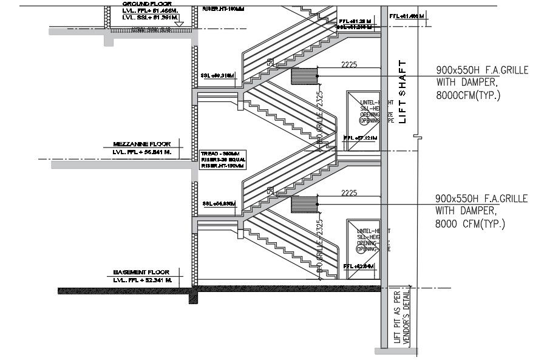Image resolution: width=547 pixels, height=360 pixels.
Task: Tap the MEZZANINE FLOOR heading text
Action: tap(141, 144)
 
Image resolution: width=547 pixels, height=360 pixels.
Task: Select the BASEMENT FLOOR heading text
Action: tap(141, 273)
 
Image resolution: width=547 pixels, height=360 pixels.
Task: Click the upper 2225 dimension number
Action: tap(349, 64)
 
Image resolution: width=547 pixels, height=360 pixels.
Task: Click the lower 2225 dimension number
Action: tap(349, 193)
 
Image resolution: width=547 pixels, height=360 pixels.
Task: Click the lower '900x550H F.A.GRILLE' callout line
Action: tap(481, 199)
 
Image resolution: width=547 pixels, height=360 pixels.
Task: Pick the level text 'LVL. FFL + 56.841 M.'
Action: tap(141, 152)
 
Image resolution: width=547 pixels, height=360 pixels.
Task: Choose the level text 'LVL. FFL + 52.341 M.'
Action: tap(141, 280)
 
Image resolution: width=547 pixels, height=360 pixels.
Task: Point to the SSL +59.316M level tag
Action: tap(217, 75)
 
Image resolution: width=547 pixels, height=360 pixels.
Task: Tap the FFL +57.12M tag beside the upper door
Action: tap(360, 138)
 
